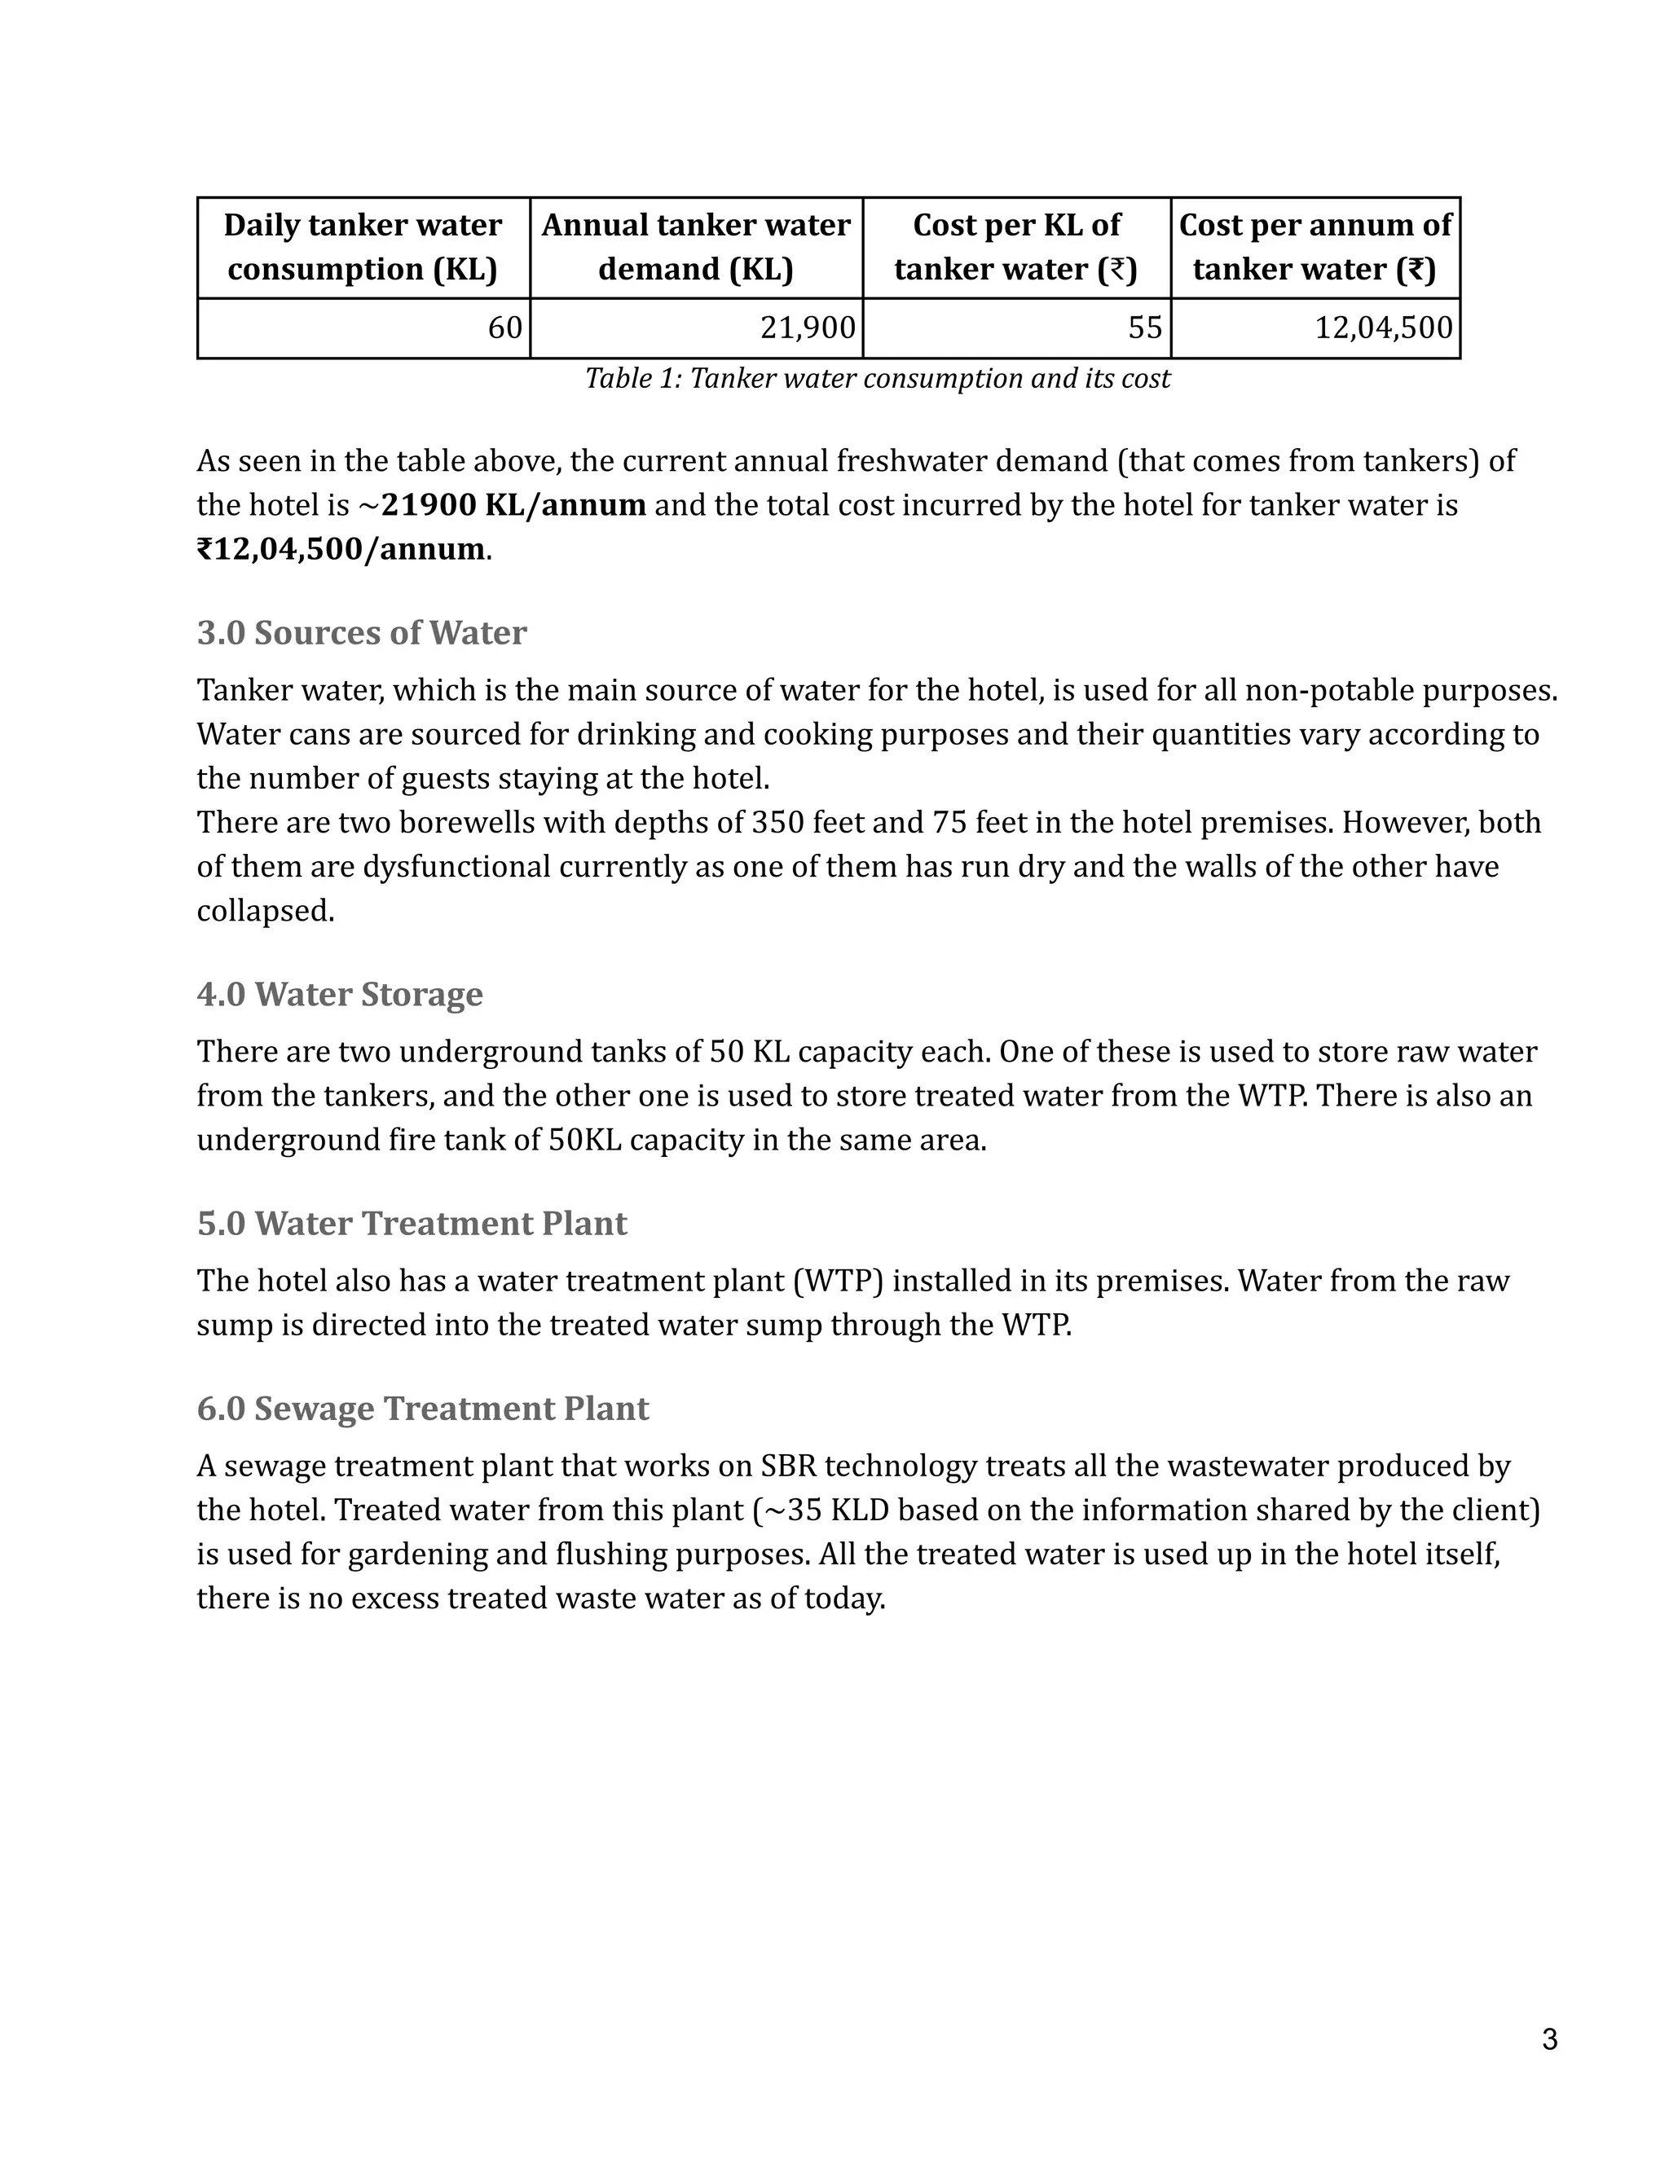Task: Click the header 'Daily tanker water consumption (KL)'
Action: [363, 247]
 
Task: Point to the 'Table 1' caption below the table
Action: [877, 379]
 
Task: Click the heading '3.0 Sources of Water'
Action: [361, 633]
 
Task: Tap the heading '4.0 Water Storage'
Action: [339, 993]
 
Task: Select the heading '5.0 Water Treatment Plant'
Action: [412, 1224]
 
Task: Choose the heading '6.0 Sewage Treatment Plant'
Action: [422, 1409]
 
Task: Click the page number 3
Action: [1549, 2038]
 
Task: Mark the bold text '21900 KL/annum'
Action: [513, 505]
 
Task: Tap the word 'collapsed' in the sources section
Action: [265, 911]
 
